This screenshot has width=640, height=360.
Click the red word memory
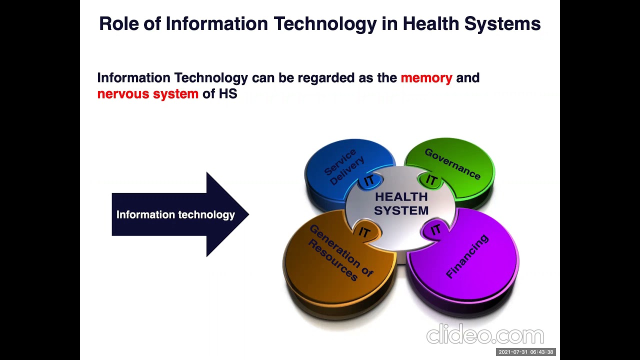pos(426,78)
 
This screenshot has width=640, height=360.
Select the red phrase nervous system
pos(147,94)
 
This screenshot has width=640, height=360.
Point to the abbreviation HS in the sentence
pos(227,94)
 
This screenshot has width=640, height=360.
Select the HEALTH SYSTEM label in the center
pos(401,203)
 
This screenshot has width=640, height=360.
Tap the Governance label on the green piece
pos(452,163)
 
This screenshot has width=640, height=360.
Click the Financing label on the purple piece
pos(466,256)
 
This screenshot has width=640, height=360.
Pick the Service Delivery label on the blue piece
pos(344,166)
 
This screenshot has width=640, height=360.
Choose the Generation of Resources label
pos(340,252)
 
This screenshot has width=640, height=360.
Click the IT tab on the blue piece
pos(369,180)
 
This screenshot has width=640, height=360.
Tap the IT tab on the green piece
pos(431,180)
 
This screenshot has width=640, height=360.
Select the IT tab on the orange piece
pos(364,232)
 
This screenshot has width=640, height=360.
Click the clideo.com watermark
pos(484,335)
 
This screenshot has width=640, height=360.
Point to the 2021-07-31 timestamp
pos(525,352)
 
